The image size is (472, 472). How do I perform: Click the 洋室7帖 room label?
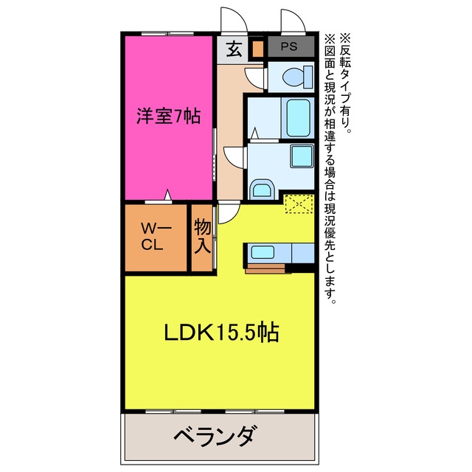coord(169,116)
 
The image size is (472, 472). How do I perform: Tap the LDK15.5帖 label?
coord(221,333)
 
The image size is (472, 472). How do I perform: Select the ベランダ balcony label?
coord(217,436)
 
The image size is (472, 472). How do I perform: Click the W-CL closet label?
coord(156,237)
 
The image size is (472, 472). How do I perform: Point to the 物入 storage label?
coord(202,236)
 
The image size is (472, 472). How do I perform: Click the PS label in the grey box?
coord(289,46)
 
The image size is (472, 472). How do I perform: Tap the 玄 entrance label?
coord(235,49)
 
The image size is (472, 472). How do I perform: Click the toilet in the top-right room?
coord(297,77)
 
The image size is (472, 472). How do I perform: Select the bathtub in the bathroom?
coord(298,118)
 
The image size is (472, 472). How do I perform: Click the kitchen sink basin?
coord(263,252)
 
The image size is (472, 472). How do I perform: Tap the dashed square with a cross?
coord(299,204)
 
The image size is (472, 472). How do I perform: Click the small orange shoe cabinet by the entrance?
coord(257,49)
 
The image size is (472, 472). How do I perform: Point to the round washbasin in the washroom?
coord(263,190)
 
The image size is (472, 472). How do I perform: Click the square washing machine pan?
coord(302,156)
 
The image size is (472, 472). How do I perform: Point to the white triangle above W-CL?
coord(167,195)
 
